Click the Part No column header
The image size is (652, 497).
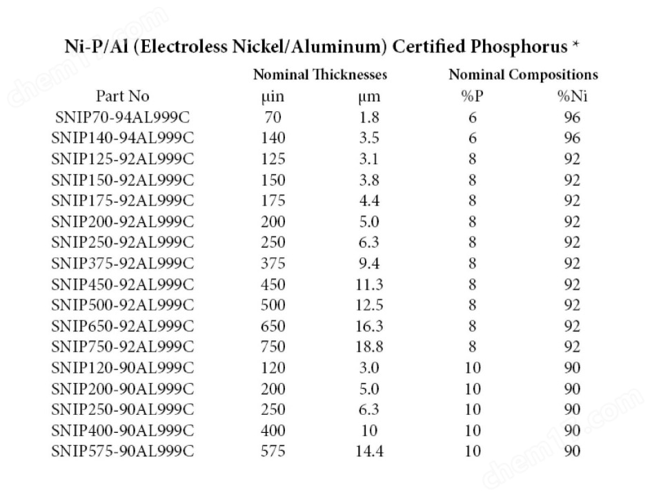tap(122, 97)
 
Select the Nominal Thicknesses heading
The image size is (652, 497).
tap(320, 75)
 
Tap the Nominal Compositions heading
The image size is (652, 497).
tap(523, 75)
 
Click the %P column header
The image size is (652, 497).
tap(472, 97)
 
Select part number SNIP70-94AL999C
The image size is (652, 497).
tap(123, 117)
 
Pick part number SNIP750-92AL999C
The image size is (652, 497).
tap(123, 347)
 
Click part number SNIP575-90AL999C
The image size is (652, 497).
tap(123, 451)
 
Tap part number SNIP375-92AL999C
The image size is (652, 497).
tap(123, 263)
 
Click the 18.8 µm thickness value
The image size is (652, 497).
tap(370, 347)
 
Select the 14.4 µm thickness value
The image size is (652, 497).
tap(370, 451)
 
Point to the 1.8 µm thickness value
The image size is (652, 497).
tap(370, 117)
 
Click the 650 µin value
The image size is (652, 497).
tap(273, 326)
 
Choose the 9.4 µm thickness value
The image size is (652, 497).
tap(370, 263)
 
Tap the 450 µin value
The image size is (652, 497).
tap(273, 284)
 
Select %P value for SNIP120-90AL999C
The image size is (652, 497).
tap(472, 367)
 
